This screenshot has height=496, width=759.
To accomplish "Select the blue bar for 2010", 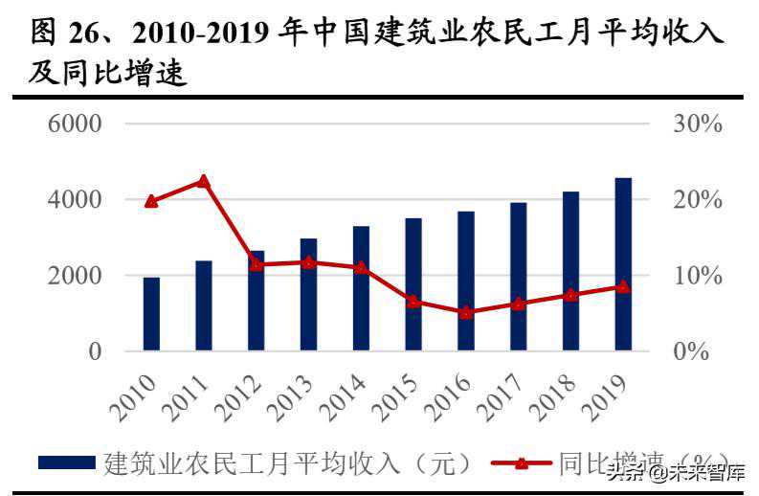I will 151,313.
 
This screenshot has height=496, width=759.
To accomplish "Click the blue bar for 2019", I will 622,263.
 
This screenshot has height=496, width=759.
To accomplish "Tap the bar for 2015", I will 413,283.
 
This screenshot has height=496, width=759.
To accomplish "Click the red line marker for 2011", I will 204,181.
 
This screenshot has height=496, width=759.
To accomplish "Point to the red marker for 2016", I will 465,312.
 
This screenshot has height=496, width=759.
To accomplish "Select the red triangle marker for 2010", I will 151,201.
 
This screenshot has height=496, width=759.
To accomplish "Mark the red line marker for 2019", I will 622,286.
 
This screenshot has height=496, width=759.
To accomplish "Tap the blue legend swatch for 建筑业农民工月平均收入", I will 67,463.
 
